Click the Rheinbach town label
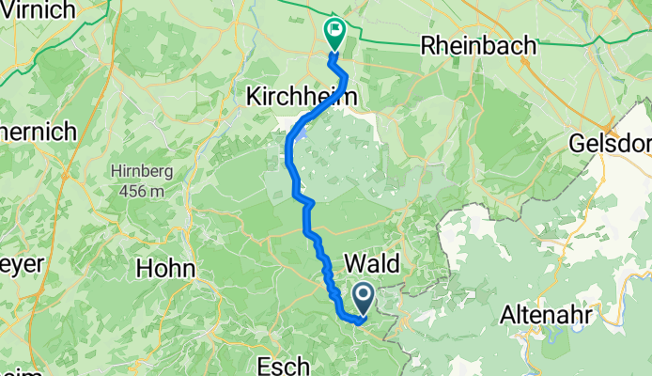479,44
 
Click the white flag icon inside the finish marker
334,29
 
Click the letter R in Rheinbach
429,44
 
